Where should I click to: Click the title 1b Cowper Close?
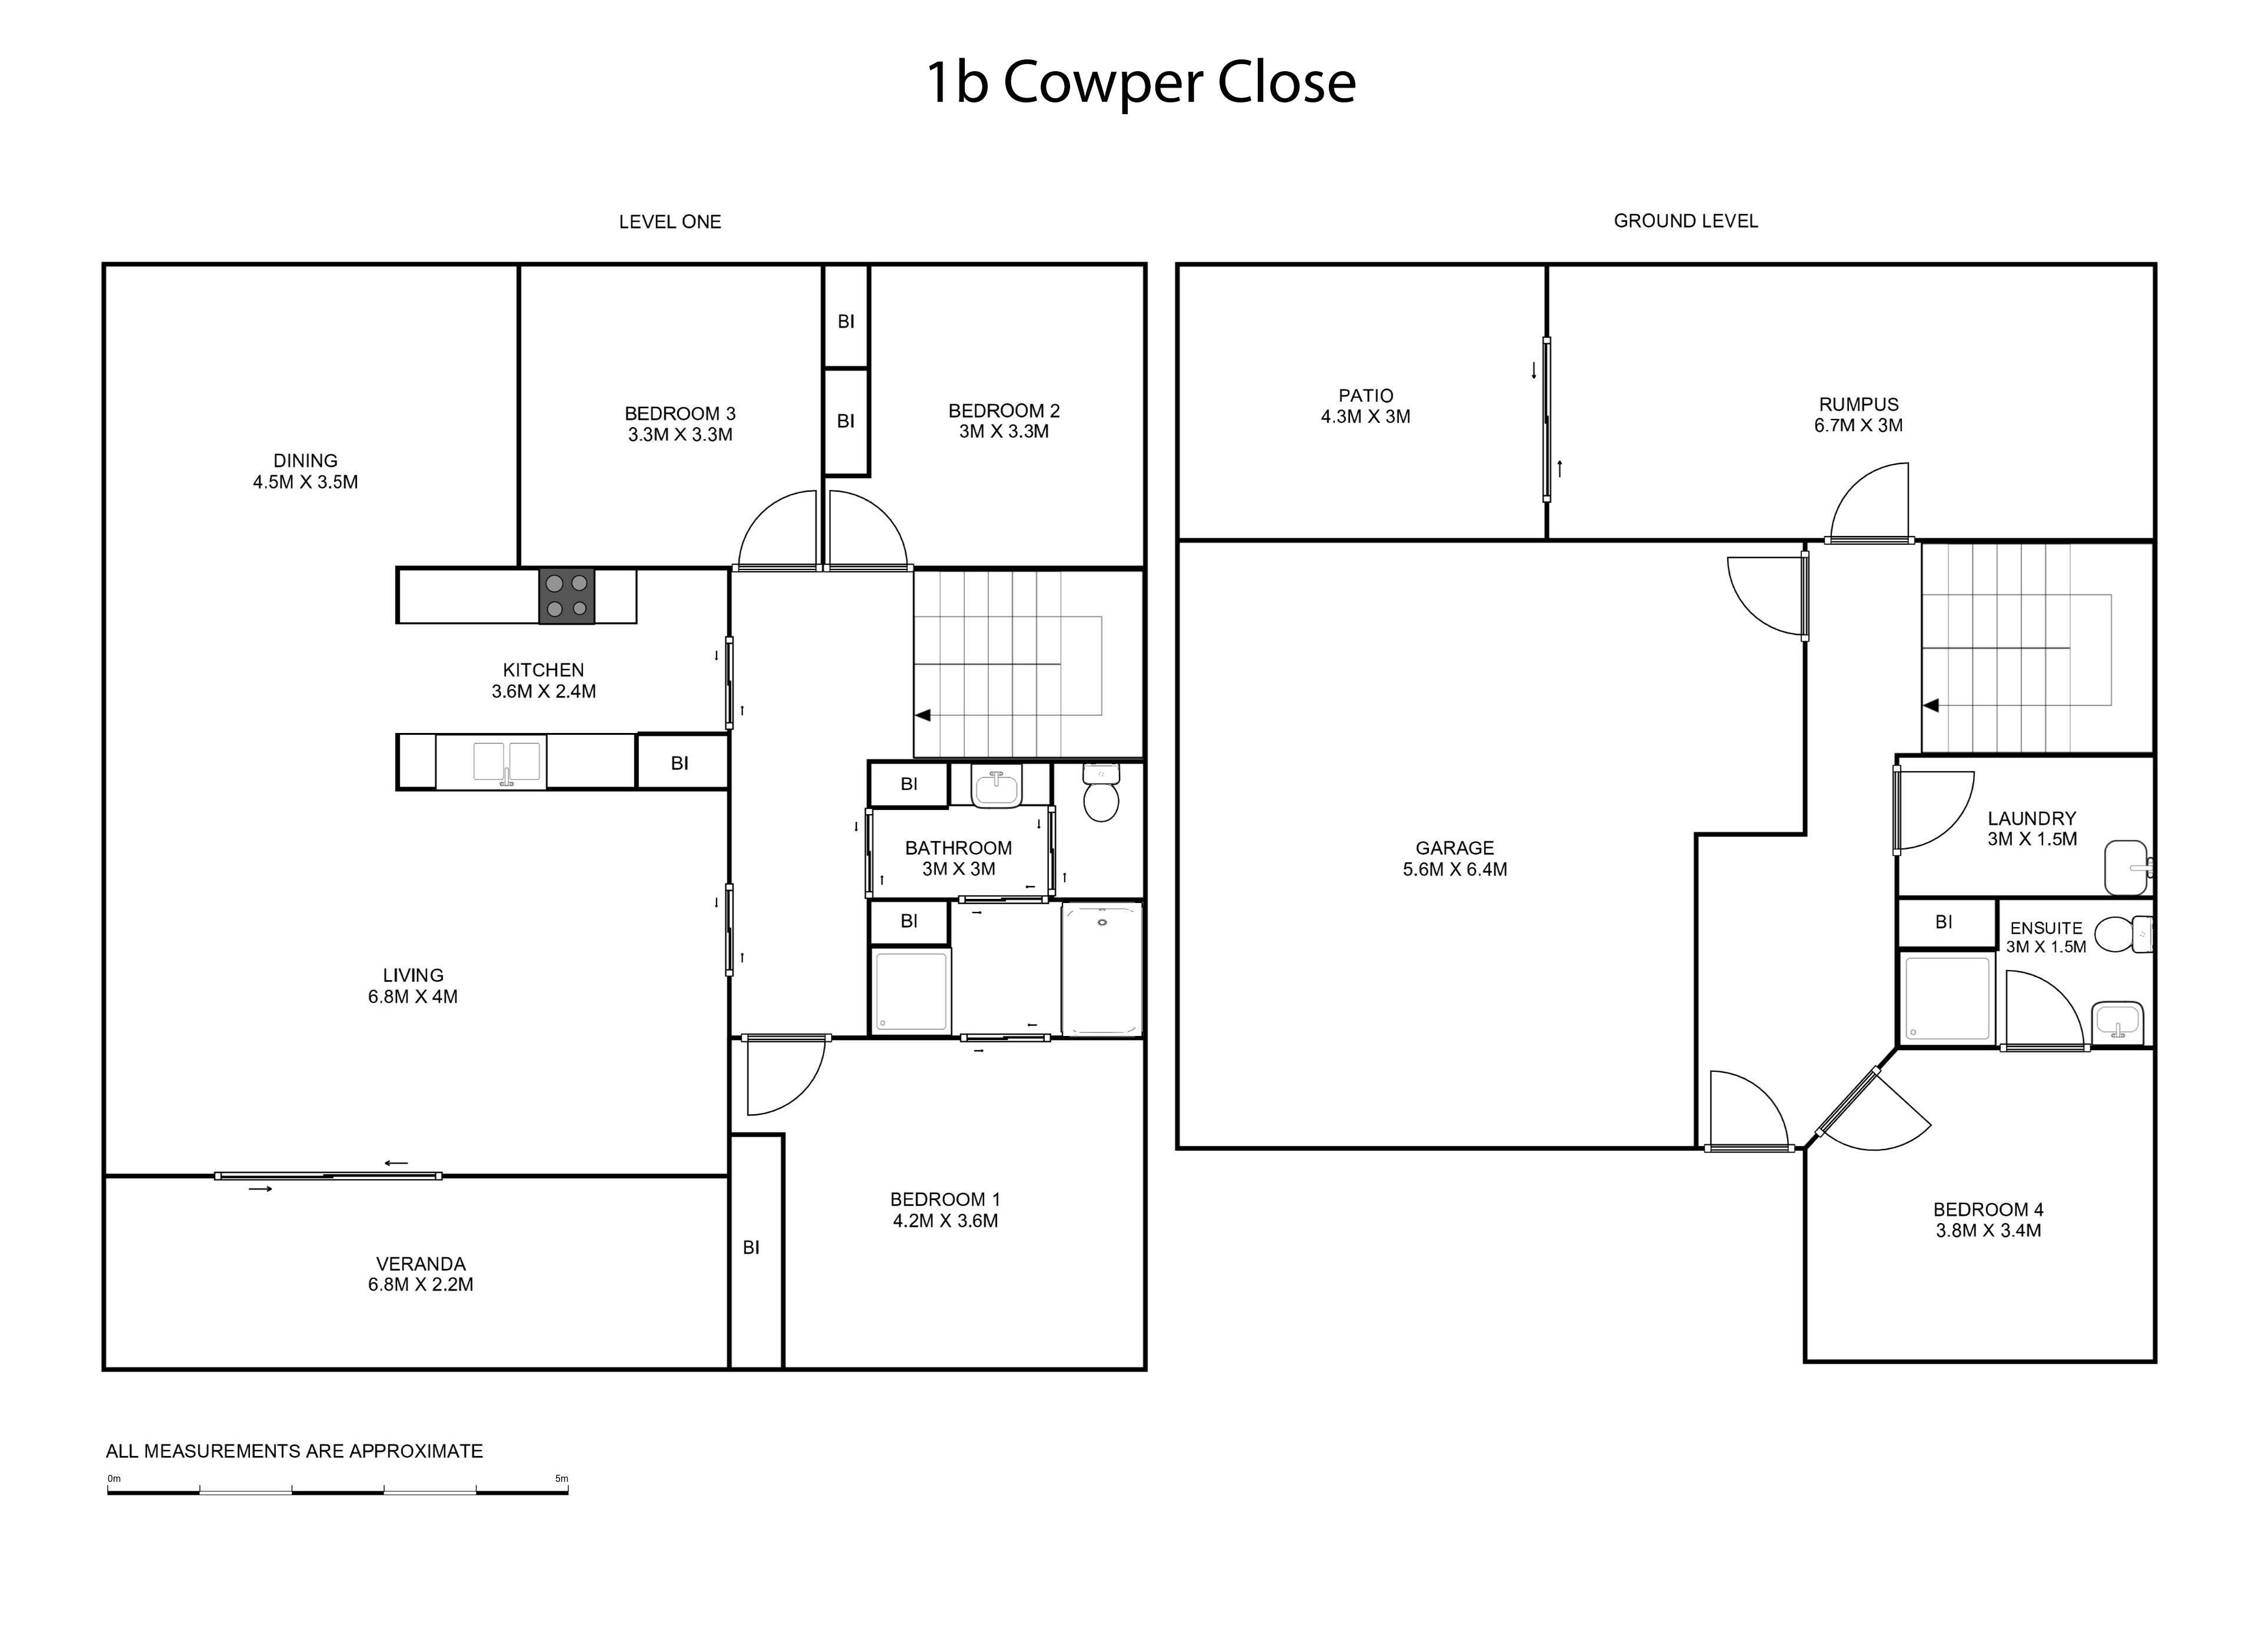point(1141,83)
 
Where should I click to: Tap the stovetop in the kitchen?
point(567,596)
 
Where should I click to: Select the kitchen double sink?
point(508,763)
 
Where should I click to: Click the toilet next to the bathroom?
point(1101,793)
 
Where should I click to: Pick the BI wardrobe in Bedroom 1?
point(756,1251)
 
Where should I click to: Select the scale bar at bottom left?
point(338,1491)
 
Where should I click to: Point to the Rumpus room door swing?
point(1870,503)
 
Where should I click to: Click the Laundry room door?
point(1933,812)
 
